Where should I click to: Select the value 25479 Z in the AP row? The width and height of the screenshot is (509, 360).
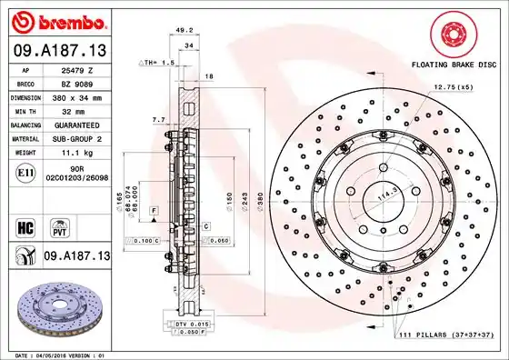pyautogui.click(x=76, y=69)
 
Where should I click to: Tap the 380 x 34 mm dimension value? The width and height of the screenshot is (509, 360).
pyautogui.click(x=76, y=95)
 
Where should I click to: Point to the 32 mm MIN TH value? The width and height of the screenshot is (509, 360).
pyautogui.click(x=76, y=109)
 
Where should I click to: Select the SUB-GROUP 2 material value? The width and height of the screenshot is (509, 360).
pyautogui.click(x=76, y=138)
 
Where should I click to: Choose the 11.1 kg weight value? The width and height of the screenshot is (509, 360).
pyautogui.click(x=76, y=154)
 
